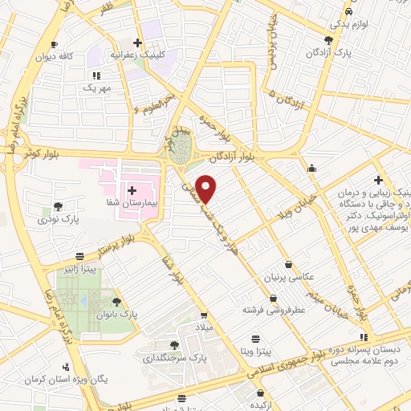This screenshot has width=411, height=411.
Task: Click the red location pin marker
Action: pos(207,189)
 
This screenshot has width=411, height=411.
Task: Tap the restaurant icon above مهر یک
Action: pos(96,75)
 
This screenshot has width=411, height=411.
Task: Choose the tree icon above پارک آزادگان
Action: pos(329,39)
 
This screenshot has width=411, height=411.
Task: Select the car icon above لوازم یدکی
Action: pos(348,12)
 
